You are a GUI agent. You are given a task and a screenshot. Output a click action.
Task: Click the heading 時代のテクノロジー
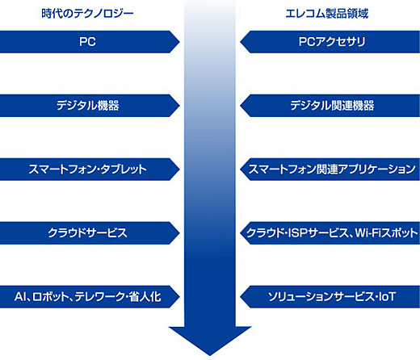pos(87,14)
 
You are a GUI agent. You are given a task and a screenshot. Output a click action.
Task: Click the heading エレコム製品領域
pos(327,14)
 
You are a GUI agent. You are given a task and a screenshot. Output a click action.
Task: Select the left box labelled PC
pos(90,42)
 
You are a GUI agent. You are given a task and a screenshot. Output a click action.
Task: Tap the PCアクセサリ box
pos(330,42)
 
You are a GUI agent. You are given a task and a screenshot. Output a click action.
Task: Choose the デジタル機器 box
pos(90,106)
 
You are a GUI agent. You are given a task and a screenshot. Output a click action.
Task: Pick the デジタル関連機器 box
pos(330,106)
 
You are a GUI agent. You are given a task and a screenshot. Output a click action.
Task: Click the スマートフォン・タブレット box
pos(90,170)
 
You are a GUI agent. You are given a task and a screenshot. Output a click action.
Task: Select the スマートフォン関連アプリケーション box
pos(330,170)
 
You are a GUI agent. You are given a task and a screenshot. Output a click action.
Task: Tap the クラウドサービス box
pos(90,233)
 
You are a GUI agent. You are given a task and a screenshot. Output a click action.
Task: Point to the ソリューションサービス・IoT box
pos(330,297)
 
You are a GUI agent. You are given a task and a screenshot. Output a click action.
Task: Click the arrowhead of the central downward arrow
pos(210,341)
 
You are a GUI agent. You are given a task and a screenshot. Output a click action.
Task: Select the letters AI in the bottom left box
pos(20,297)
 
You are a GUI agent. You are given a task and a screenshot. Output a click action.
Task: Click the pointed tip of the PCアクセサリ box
pos(240,42)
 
